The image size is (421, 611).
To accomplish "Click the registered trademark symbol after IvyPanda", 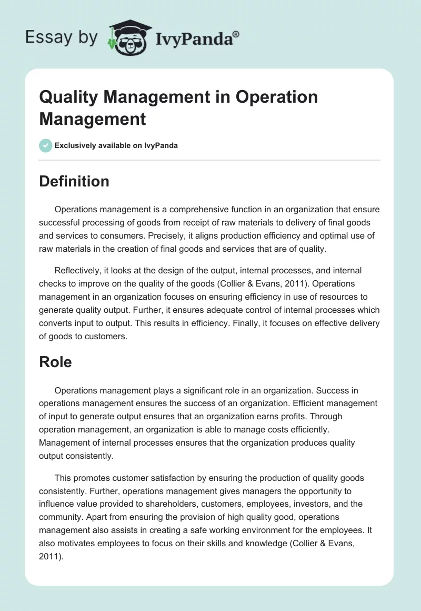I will coord(236,34).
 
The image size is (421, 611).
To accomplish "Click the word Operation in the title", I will coord(277,97).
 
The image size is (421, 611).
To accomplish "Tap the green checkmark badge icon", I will coord(46,145).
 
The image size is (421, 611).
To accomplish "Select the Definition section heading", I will coord(74,181).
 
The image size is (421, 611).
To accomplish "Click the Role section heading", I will coord(55,362).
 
